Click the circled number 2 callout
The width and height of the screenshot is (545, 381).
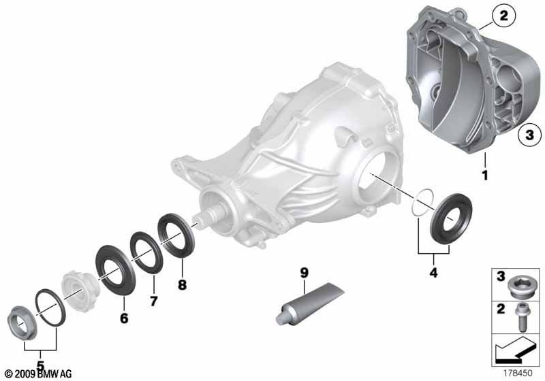503,16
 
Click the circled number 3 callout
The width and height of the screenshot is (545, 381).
529,135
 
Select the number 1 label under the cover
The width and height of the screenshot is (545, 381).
485,176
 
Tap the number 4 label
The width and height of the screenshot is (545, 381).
433,272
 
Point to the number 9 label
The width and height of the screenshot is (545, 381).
304,273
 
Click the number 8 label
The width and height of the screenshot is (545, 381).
182,285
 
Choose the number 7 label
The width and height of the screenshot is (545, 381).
154,301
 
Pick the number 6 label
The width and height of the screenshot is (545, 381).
124,318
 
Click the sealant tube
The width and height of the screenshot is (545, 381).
309,304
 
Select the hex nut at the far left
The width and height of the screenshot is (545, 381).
21,322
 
